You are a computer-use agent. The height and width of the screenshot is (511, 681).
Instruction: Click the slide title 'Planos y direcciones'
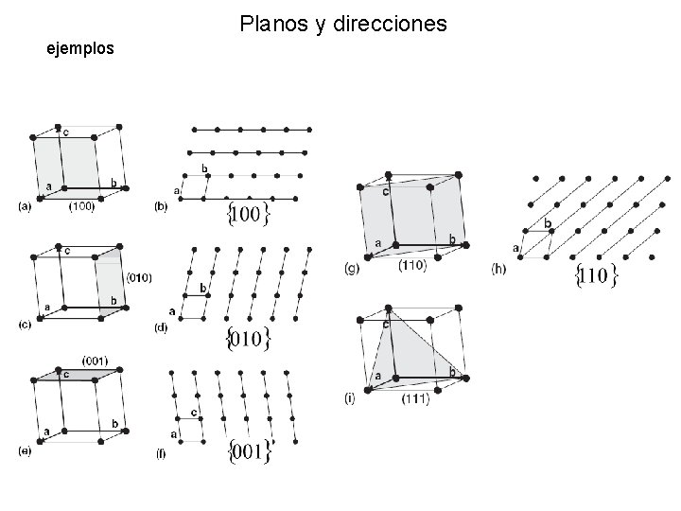coord(343,23)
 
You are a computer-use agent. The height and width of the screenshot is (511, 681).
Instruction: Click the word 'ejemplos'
coord(80,46)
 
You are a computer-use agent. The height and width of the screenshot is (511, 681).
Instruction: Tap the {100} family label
coord(250,214)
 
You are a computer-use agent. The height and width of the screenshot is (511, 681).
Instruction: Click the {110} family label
coord(597,277)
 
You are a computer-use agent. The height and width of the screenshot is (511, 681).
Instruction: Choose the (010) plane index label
coord(138,277)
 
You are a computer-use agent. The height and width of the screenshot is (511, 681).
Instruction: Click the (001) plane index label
coord(95,360)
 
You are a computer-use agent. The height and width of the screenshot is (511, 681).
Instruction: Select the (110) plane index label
coord(412,266)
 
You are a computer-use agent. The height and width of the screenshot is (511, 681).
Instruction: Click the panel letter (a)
coord(25,206)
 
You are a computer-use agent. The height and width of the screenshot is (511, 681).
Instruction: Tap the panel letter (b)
coord(161,206)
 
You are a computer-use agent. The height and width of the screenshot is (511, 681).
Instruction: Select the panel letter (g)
coord(352,269)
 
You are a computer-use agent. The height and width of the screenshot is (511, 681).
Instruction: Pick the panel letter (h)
coord(499,269)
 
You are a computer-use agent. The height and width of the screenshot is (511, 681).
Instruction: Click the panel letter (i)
coord(351,398)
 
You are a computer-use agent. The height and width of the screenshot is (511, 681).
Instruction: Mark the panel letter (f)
coord(161,453)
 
